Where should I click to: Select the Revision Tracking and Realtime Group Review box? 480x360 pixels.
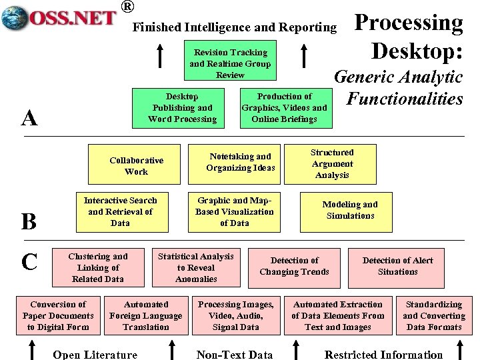pyautogui.click(x=230, y=63)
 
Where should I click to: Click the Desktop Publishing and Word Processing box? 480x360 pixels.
pyautogui.click(x=183, y=108)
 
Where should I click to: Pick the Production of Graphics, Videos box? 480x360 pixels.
pyautogui.click(x=284, y=108)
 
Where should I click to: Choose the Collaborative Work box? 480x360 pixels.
pyautogui.click(x=136, y=166)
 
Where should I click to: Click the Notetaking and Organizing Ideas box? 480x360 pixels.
pyautogui.click(x=240, y=162)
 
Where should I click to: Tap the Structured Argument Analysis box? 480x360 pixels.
pyautogui.click(x=331, y=164)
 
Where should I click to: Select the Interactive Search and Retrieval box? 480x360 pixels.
pyautogui.click(x=120, y=211)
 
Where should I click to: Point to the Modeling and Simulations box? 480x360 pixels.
pyautogui.click(x=350, y=211)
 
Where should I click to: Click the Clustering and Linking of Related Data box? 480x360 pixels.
pyautogui.click(x=97, y=267)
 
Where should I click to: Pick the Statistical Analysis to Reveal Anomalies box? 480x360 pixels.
pyautogui.click(x=196, y=267)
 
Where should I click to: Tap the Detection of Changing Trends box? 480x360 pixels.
pyautogui.click(x=294, y=266)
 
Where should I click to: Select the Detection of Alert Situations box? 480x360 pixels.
pyautogui.click(x=397, y=266)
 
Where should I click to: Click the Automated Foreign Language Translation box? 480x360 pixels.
pyautogui.click(x=146, y=315)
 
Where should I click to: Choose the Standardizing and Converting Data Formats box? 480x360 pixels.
pyautogui.click(x=434, y=315)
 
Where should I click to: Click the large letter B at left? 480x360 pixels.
pyautogui.click(x=29, y=221)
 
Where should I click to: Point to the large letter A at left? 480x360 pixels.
pyautogui.click(x=29, y=118)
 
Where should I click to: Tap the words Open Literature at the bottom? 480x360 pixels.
pyautogui.click(x=95, y=355)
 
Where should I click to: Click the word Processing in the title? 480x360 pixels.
pyautogui.click(x=408, y=23)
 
